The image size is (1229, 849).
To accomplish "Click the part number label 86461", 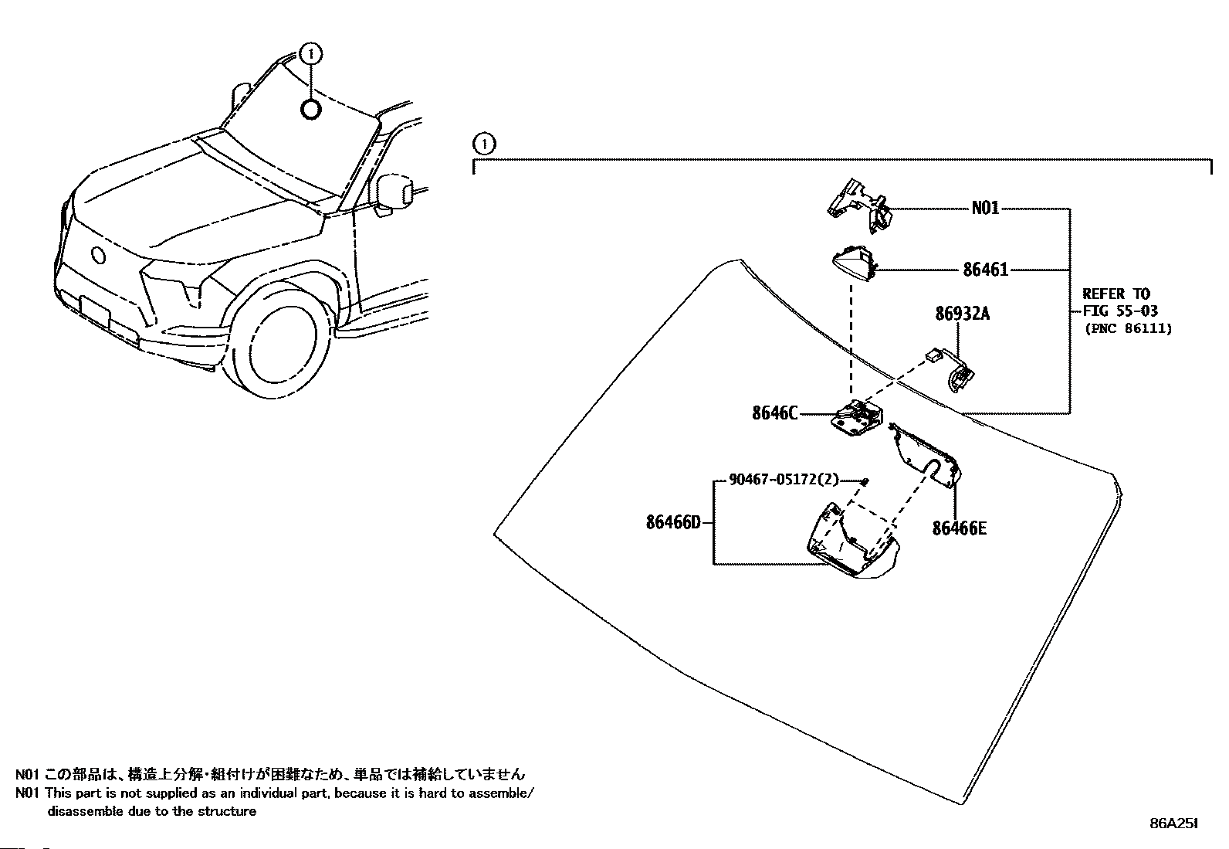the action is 985,270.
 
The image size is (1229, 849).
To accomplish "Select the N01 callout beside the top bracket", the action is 985,208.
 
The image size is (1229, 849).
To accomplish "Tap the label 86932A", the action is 963,314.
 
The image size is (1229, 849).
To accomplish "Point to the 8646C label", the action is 775,413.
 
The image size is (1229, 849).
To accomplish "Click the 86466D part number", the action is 674,521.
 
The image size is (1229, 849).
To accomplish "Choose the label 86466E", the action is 959,528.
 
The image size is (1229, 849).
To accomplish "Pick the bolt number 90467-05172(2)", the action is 784,480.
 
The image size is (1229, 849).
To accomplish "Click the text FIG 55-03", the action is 1120,311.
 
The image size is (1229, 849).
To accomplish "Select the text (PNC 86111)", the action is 1129,328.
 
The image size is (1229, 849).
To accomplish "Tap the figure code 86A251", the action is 1174,824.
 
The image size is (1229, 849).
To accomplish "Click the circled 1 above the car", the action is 312,54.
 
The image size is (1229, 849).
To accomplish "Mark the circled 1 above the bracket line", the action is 484,144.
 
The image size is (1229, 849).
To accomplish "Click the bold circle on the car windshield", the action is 310,110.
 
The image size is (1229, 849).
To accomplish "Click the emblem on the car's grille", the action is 99,256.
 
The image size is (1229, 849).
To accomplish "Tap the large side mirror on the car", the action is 395,192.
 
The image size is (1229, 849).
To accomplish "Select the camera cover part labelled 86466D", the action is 852,540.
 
